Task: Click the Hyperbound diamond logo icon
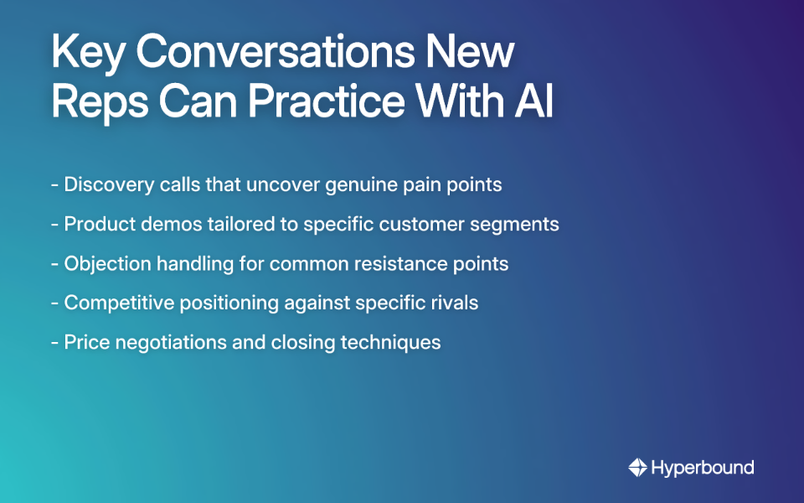(x=637, y=468)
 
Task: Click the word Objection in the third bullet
(x=104, y=263)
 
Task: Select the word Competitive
(x=115, y=303)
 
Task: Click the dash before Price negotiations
(x=54, y=343)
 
